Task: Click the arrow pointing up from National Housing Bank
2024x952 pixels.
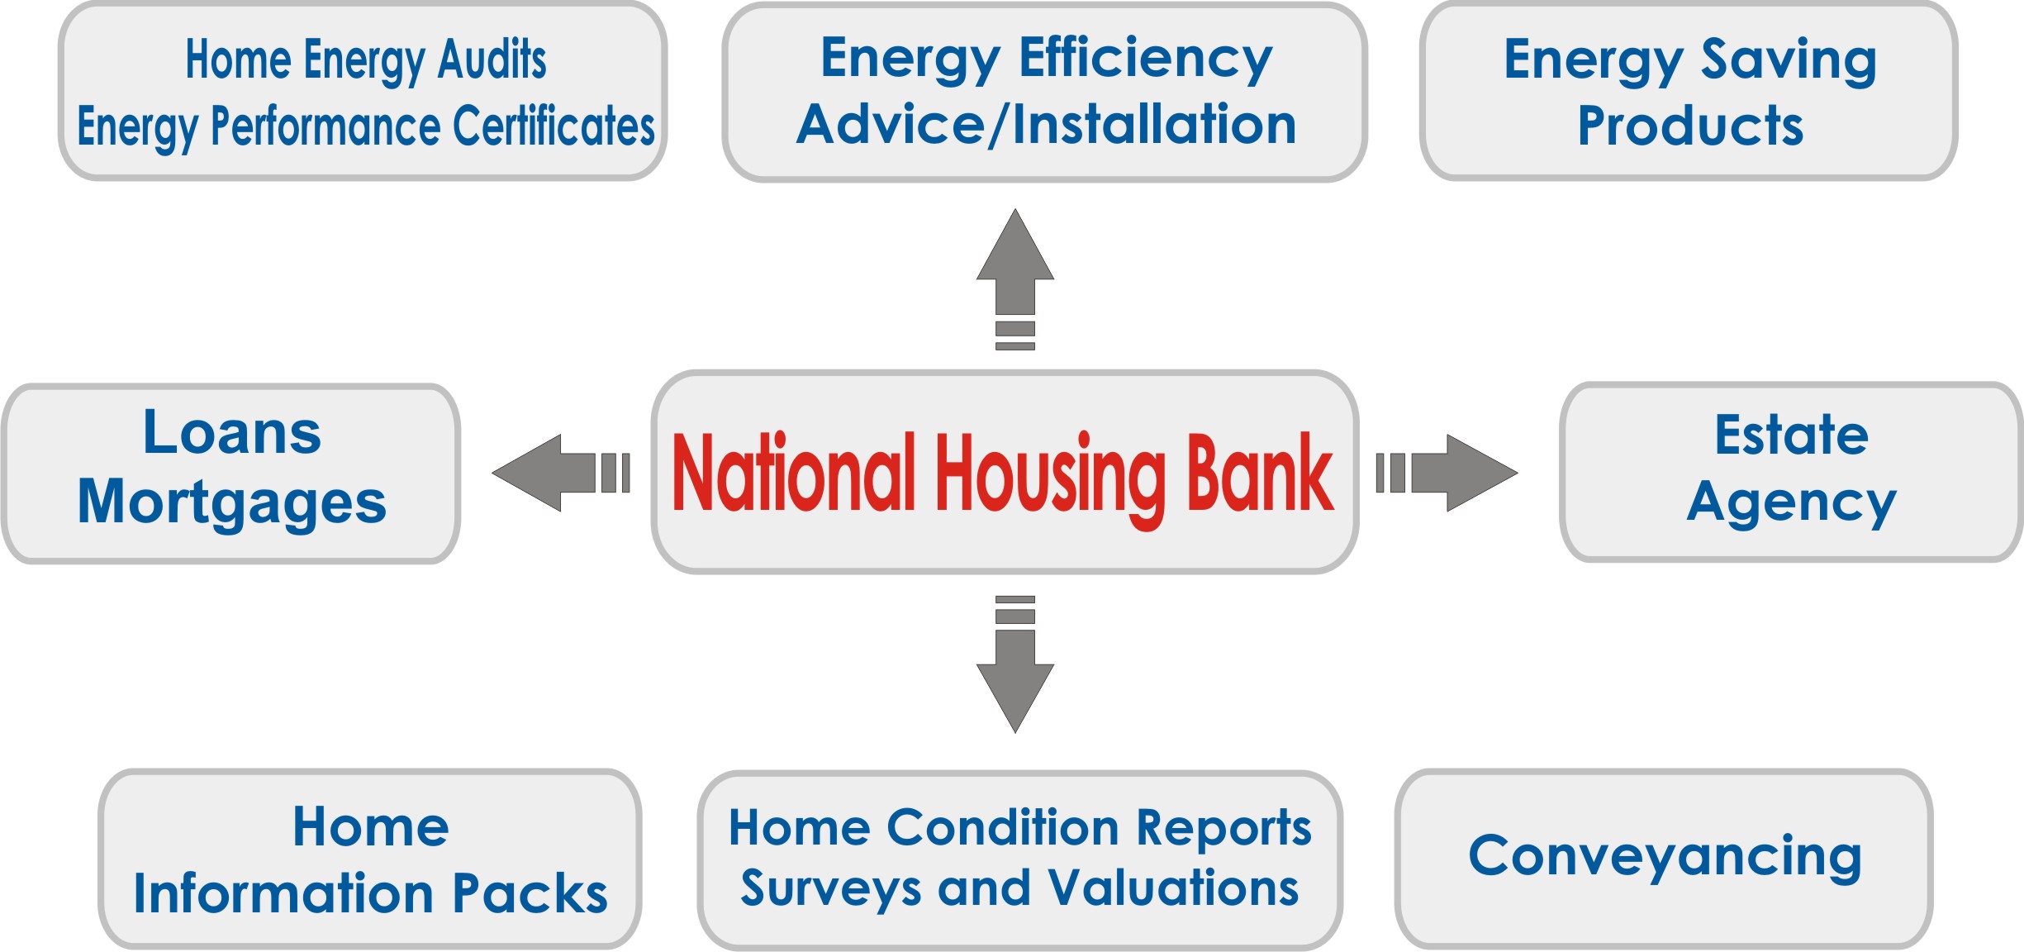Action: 1015,279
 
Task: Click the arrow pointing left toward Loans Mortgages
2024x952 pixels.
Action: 561,473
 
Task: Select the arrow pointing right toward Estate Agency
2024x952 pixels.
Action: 1447,473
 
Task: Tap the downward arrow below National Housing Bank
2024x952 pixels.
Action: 1015,664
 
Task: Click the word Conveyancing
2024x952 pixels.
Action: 1665,859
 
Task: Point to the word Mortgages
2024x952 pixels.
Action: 232,503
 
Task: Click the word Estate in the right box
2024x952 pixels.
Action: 1791,435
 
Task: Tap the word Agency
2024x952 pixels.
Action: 1791,504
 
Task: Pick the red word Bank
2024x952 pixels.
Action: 1260,472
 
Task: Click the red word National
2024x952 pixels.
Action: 794,472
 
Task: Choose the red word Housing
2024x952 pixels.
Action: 1050,480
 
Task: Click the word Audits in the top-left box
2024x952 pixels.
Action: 492,59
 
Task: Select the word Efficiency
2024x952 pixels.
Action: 1146,60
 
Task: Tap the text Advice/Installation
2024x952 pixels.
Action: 1047,125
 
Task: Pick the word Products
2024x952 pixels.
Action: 1691,126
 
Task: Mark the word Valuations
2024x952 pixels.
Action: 1174,888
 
